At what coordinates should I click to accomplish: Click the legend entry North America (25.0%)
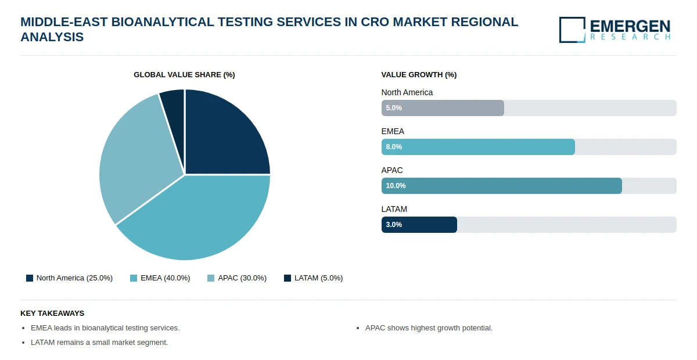pyautogui.click(x=69, y=278)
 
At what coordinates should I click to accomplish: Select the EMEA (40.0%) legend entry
pyautogui.click(x=160, y=278)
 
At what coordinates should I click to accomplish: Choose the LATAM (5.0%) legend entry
pyautogui.click(x=313, y=278)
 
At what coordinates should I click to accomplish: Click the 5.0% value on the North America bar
pyautogui.click(x=394, y=108)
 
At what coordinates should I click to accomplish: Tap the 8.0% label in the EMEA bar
pyautogui.click(x=394, y=147)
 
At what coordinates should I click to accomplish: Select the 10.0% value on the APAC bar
pyautogui.click(x=396, y=186)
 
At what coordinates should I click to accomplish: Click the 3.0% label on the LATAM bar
pyautogui.click(x=394, y=225)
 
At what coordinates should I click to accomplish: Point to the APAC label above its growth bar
pyautogui.click(x=392, y=170)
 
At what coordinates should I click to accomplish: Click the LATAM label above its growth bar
pyautogui.click(x=394, y=209)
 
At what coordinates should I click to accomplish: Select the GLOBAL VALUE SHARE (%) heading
pyautogui.click(x=184, y=75)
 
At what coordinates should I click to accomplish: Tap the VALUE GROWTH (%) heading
pyautogui.click(x=419, y=75)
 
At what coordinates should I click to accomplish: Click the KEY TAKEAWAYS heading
pyautogui.click(x=52, y=313)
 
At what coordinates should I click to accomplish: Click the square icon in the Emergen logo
pyautogui.click(x=572, y=30)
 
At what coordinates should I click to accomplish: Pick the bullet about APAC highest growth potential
pyautogui.click(x=429, y=328)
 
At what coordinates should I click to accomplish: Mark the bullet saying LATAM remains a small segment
pyautogui.click(x=99, y=343)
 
